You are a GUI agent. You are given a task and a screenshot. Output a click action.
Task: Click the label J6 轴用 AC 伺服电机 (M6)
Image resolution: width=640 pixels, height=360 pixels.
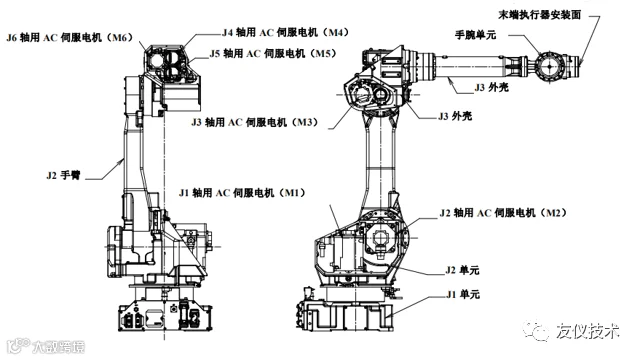point(70,38)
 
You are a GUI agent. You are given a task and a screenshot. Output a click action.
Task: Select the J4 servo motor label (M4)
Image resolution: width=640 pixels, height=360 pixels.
point(285,32)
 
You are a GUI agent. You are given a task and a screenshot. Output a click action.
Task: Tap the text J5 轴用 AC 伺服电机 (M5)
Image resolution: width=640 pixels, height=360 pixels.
point(273,53)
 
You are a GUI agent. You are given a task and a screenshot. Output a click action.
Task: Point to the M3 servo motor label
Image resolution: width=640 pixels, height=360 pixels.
point(255,122)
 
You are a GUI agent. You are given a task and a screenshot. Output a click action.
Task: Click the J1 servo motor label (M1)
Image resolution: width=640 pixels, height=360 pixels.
point(242,193)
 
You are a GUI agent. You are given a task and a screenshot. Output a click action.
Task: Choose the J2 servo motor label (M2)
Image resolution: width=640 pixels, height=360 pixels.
point(503,213)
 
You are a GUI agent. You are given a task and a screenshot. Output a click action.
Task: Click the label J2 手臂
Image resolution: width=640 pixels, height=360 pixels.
point(63,176)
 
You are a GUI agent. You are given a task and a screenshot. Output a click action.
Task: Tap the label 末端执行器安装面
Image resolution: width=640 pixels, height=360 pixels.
point(540,15)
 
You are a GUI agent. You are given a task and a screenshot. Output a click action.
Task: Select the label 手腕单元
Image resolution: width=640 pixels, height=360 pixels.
point(476,35)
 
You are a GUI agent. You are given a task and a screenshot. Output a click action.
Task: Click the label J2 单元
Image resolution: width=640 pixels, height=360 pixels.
point(462,270)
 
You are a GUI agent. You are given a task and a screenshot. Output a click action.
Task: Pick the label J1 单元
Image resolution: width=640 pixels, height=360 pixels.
point(462,294)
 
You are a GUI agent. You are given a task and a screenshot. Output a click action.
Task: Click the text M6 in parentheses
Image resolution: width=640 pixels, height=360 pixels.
point(120,38)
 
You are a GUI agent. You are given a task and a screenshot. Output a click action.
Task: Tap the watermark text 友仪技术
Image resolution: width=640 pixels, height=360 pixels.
point(587,331)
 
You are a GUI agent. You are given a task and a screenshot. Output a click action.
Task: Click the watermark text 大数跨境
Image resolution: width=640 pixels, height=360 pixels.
point(58,347)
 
